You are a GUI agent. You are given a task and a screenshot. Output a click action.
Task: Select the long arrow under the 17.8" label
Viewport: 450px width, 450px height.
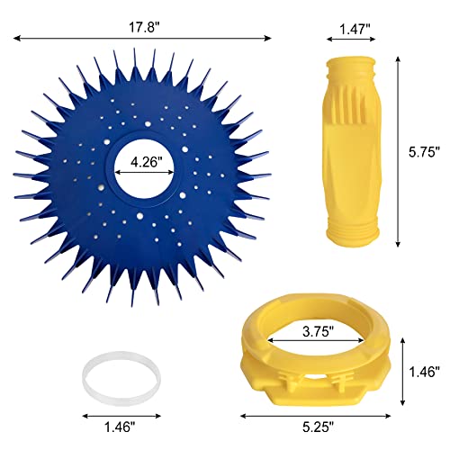(141, 37)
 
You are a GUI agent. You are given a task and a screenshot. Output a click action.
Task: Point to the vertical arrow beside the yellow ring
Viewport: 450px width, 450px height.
(402, 371)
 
